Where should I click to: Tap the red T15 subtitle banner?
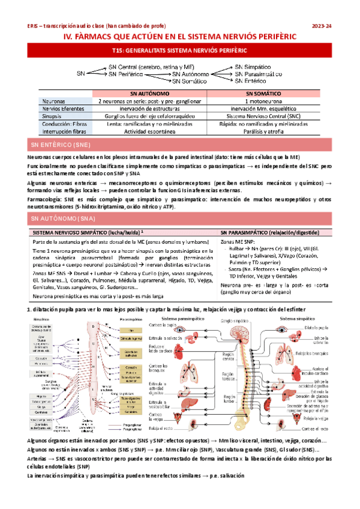[179, 52]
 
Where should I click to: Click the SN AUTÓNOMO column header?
[149, 94]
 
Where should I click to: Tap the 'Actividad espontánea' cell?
[149, 131]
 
